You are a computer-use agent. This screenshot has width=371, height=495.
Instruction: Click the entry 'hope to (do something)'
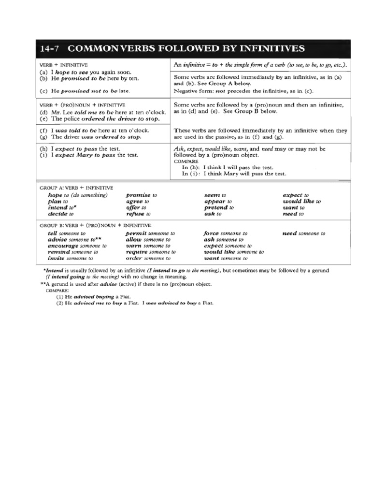pos(77,195)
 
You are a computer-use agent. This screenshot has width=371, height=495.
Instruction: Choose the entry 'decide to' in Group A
pos(60,213)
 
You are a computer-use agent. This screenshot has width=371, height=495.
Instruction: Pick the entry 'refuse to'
pos(139,213)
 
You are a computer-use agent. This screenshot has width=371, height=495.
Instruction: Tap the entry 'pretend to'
pos(219,207)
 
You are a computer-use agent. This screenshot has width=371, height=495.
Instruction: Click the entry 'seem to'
pos(215,195)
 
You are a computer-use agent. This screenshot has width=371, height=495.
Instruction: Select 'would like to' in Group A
pos(301,201)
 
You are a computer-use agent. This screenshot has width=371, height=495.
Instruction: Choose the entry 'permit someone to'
pos(150,233)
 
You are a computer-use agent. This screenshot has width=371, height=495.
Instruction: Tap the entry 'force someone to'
pos(226,233)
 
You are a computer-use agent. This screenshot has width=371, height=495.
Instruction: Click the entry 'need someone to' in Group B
pos(304,233)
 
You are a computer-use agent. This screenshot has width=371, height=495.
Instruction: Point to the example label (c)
pos(43,90)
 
